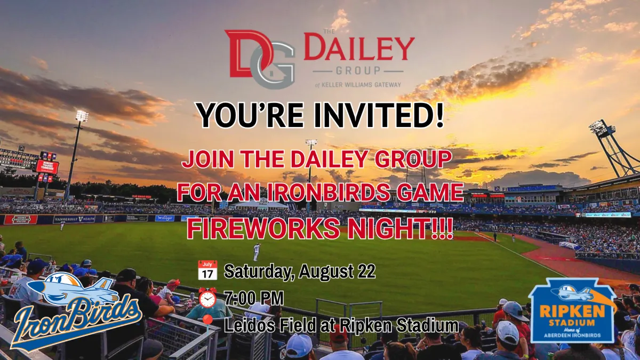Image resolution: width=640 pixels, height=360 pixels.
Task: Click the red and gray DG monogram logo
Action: (259, 59)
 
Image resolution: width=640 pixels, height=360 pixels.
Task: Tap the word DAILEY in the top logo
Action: (359, 47)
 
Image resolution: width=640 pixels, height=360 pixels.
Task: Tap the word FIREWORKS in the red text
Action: (263, 229)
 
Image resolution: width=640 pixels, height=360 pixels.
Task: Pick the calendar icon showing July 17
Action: (207, 270)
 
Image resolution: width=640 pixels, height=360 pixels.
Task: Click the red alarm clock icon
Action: (207, 298)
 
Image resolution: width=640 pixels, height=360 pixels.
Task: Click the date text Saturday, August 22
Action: (299, 271)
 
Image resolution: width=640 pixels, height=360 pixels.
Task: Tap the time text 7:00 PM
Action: (254, 298)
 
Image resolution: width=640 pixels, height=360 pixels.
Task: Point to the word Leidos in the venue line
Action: (250, 325)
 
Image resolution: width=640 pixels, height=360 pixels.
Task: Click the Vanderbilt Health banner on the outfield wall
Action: (74, 219)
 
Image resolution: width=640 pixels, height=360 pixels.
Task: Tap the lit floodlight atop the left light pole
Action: (82, 116)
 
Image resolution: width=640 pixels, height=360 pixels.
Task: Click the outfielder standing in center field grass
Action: (257, 252)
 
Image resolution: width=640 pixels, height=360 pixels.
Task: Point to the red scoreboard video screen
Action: (47, 166)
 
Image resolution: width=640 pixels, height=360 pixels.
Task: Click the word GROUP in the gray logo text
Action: (358, 70)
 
